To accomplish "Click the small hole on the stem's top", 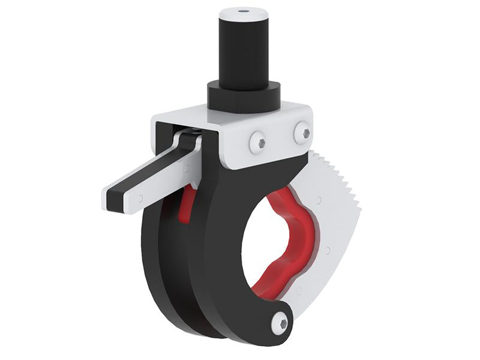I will coord(243,11).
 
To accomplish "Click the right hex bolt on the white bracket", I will coord(302,133).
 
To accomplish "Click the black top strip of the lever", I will coord(150,169).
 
